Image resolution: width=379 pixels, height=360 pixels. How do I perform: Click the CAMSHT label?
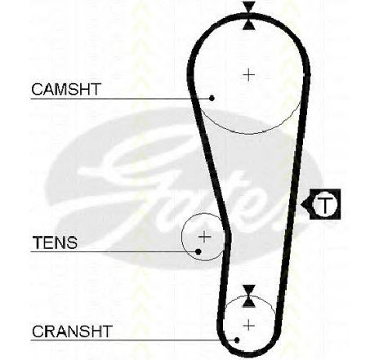(66, 89)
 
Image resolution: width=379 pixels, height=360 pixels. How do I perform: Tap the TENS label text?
(55, 242)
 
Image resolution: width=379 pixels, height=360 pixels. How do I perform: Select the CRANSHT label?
(72, 331)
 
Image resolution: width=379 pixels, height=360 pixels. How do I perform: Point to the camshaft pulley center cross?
(248, 75)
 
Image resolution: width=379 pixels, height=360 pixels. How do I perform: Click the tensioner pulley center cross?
(204, 237)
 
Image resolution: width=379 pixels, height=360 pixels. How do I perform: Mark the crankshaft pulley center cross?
(248, 326)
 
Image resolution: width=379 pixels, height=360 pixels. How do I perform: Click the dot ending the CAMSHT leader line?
(212, 98)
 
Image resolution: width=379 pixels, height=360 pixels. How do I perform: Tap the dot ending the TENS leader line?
(198, 252)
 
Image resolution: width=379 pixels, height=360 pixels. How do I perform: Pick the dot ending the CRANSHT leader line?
(237, 340)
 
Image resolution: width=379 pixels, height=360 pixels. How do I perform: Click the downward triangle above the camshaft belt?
(249, 7)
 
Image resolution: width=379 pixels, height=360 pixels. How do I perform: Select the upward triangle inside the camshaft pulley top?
(249, 24)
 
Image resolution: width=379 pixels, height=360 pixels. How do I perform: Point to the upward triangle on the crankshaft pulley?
(248, 302)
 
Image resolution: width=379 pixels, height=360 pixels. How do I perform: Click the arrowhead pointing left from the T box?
(305, 204)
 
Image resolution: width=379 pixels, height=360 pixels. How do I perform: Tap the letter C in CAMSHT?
(37, 89)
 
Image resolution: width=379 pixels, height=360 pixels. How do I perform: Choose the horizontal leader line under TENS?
(113, 252)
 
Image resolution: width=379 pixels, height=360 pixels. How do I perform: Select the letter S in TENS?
(71, 242)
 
